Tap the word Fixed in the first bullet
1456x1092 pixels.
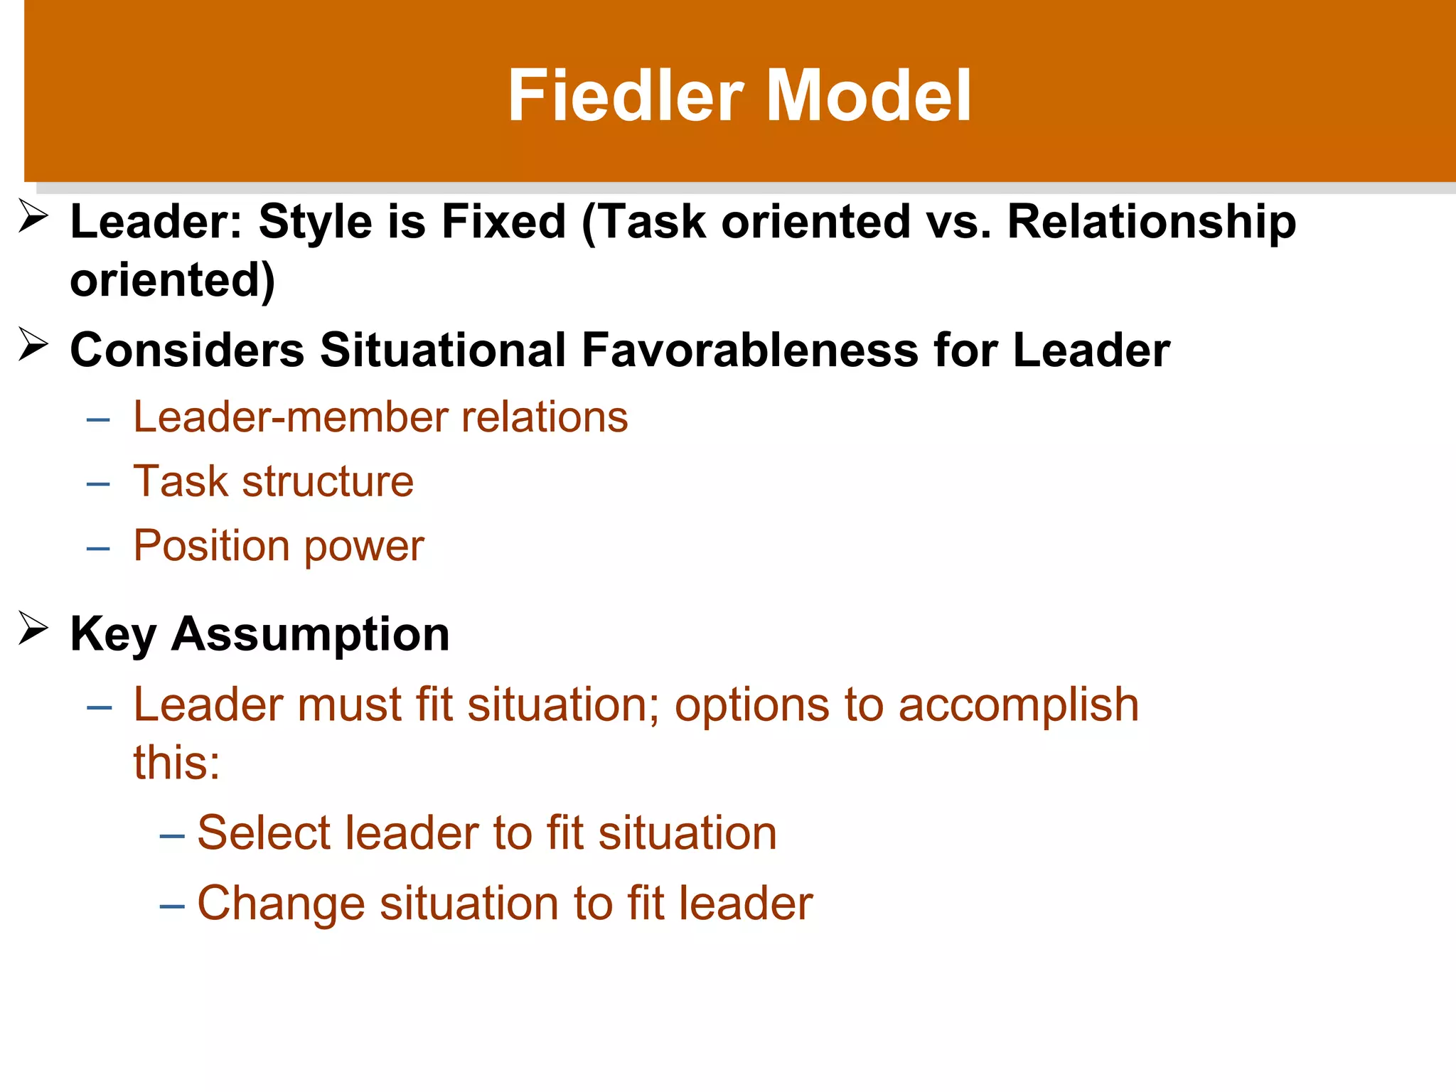[503, 221]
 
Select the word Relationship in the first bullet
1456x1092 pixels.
[1152, 221]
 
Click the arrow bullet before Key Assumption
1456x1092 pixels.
[33, 628]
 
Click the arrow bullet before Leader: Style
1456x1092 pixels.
[33, 216]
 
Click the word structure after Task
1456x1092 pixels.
[328, 481]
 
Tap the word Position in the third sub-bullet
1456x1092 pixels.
[212, 546]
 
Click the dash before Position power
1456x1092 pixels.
[98, 549]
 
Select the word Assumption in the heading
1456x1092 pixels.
[310, 633]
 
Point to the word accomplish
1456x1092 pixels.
[1018, 705]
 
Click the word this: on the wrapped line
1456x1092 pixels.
[176, 762]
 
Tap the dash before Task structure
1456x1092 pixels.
[98, 485]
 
